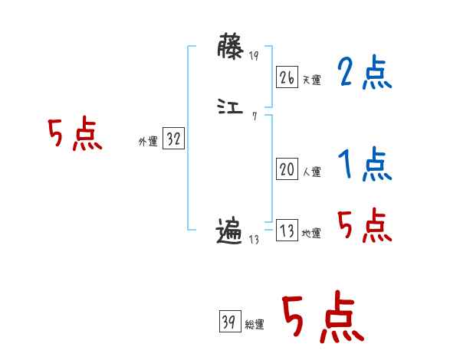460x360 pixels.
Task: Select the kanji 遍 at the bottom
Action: click(230, 231)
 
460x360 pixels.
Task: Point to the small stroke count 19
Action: click(254, 56)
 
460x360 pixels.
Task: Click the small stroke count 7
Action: click(254, 116)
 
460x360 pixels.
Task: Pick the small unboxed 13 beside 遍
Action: click(255, 240)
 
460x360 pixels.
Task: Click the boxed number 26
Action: click(287, 77)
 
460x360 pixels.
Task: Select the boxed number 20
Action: click(287, 170)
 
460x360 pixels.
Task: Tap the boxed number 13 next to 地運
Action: click(287, 231)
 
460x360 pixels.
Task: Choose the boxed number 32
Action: click(173, 139)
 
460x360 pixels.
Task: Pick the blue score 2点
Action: click(363, 74)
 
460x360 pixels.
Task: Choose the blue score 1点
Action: click(363, 165)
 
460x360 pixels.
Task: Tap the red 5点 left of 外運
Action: click(74, 136)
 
